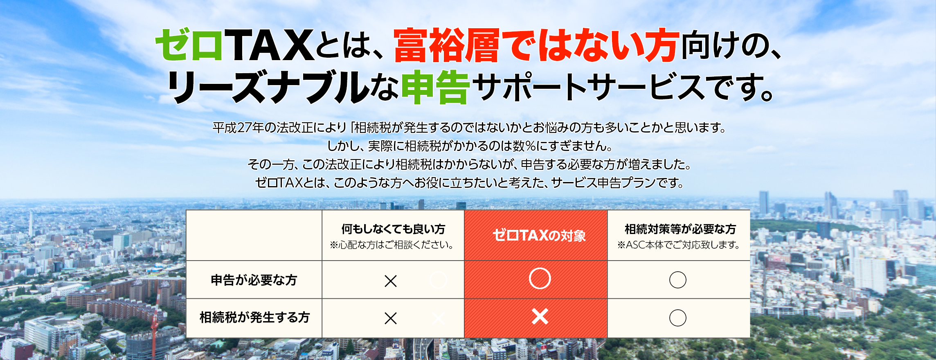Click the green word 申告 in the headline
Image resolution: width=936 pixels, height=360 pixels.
(x=435, y=87)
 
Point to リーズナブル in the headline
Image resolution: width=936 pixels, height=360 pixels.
(x=268, y=87)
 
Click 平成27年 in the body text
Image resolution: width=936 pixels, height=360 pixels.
(x=238, y=128)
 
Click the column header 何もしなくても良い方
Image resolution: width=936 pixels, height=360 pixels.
(x=393, y=229)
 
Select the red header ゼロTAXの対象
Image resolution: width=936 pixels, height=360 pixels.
(x=539, y=235)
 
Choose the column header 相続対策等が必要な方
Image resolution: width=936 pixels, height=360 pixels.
(x=680, y=229)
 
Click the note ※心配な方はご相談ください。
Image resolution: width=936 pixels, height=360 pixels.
(x=391, y=245)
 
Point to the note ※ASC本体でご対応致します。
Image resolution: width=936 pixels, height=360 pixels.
(x=679, y=245)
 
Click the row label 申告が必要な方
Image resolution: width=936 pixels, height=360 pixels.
(x=254, y=280)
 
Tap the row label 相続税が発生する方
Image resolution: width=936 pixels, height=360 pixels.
(x=254, y=317)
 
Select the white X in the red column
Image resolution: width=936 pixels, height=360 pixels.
(x=540, y=317)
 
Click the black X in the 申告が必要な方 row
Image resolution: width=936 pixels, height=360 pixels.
(x=391, y=281)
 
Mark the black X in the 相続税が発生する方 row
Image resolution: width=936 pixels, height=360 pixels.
(x=391, y=318)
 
